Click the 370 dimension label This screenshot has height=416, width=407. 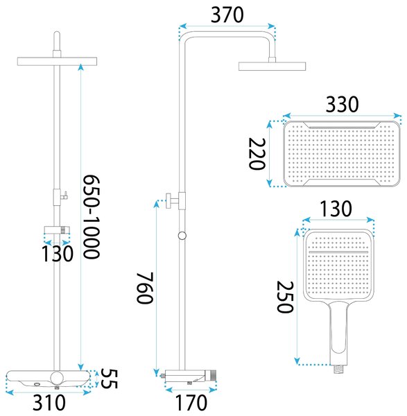pos(227,15)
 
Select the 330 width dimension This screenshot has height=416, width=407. pos(343,104)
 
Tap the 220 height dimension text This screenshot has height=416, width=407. pos(257,154)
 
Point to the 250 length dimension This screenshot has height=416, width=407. pos(285,297)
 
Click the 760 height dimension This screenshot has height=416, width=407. pos(145,288)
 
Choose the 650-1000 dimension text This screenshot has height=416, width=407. pos(92,216)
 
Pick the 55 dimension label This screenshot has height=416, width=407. pos(110,379)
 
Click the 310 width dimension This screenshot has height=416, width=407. pos(49,403)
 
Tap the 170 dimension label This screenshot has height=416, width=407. pos(191,403)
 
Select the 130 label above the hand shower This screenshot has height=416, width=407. pos(336,209)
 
